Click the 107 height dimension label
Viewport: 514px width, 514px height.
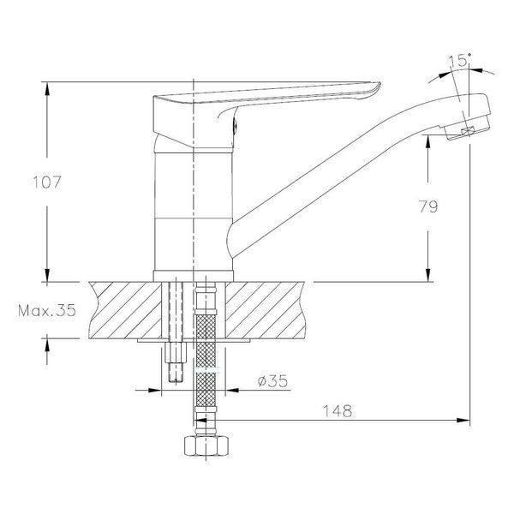(47, 182)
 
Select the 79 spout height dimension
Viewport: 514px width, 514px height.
(428, 206)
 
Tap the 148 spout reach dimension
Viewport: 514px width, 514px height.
(338, 410)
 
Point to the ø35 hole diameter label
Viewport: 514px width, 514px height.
(272, 381)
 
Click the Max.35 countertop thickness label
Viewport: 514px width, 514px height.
(47, 310)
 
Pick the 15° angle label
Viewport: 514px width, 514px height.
(459, 60)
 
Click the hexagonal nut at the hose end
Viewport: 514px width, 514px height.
(206, 445)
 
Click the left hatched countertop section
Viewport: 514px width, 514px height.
(126, 310)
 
